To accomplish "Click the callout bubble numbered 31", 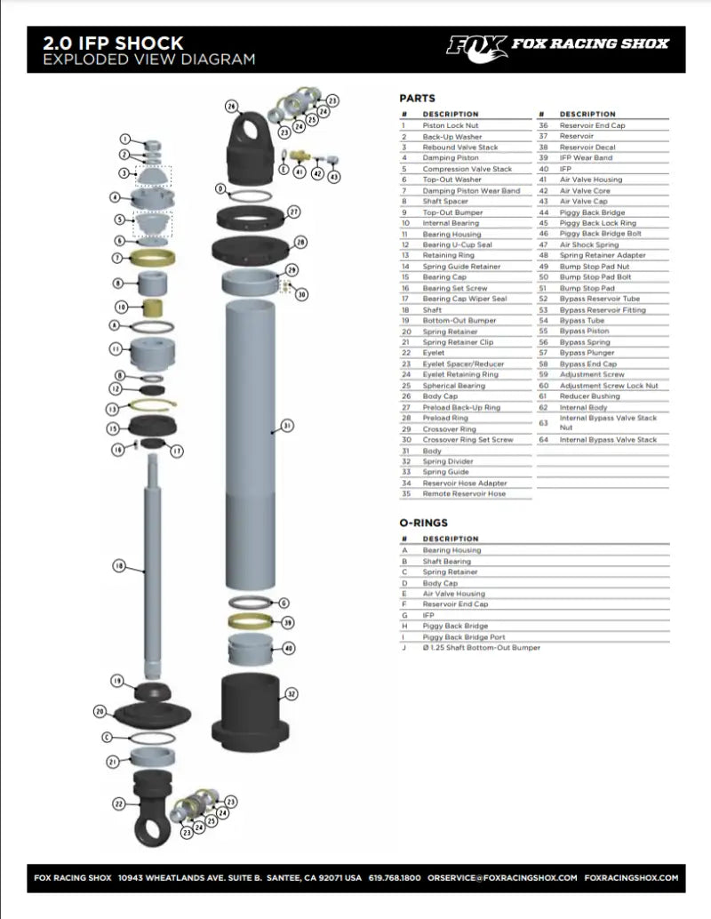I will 287,426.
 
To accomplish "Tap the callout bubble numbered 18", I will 119,565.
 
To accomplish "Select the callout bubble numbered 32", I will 292,693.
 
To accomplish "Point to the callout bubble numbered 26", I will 231,106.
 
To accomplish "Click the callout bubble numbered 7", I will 118,259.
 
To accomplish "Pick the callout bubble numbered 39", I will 287,623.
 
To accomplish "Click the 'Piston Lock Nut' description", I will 451,126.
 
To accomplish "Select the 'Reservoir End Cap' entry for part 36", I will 592,126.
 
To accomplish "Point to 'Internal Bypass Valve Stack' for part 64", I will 608,440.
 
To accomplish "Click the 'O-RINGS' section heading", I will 424,523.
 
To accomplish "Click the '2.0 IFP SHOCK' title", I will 113,43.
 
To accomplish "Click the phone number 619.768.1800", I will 395,877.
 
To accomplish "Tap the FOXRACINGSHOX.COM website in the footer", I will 632,877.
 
